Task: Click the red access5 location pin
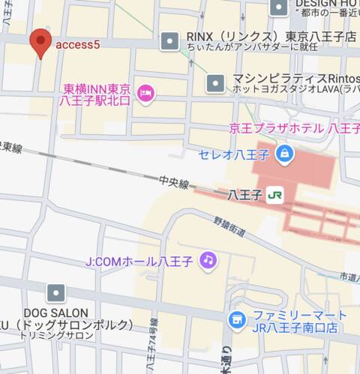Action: coord(40,42)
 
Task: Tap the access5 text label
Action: coord(77,45)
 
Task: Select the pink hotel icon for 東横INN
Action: coord(147,93)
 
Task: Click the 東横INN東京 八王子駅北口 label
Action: coord(97,94)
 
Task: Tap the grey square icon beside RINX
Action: coord(172,37)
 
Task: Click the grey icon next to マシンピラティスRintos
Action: coord(216,81)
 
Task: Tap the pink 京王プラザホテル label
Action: coord(299,128)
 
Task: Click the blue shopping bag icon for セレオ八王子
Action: coord(285,155)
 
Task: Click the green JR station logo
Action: coord(275,195)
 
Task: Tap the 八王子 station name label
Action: coord(244,195)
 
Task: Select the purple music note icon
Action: coord(208,260)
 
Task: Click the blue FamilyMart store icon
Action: coord(238,320)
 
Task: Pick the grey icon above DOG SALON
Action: coord(55,293)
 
